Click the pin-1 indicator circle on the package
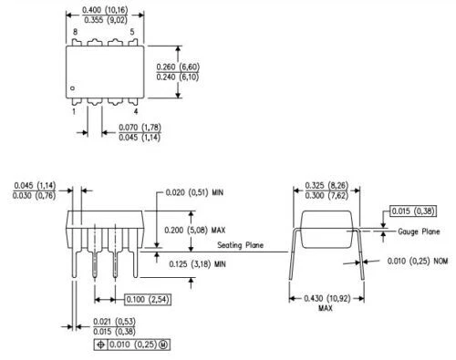coord(72,87)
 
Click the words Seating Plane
coord(241,244)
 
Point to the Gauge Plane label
coord(420,231)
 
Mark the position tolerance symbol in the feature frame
coord(98,345)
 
